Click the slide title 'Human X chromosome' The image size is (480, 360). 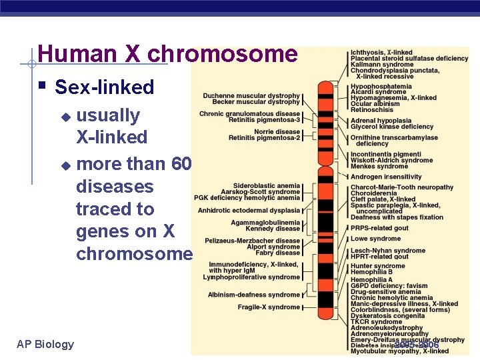point(167,54)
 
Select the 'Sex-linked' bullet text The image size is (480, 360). point(104,87)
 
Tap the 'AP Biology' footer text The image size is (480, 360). point(45,344)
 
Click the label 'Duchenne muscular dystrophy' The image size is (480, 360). point(251,96)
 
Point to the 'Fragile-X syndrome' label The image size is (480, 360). point(269,307)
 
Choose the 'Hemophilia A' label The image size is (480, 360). point(371,280)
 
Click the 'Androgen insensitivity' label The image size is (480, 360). point(386,177)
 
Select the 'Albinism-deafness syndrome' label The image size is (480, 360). point(253,295)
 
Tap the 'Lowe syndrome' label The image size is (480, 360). point(375,239)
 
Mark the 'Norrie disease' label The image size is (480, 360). point(277,131)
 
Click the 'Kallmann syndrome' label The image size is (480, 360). point(382,65)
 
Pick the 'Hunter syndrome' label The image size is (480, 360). point(377,266)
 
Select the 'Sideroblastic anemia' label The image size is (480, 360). point(267,186)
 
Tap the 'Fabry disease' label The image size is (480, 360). point(278,253)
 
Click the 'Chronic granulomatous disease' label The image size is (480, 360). point(249,114)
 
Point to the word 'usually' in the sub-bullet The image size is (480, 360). point(108,115)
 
